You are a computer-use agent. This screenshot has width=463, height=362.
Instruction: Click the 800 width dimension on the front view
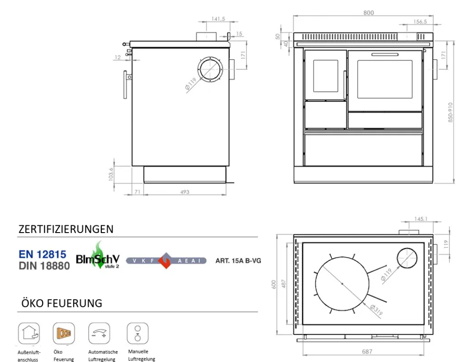click(368, 13)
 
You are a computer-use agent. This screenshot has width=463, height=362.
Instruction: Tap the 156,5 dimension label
click(420, 22)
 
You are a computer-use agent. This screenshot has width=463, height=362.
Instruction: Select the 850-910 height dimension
click(450, 112)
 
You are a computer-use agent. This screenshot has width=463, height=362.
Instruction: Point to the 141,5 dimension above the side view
click(218, 19)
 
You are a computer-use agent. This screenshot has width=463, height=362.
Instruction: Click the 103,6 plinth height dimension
click(111, 174)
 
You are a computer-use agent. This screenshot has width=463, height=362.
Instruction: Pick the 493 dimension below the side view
click(185, 192)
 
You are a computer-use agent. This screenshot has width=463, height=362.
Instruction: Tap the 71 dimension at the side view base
click(137, 192)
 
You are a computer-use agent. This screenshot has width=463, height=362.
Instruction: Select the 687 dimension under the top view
click(367, 352)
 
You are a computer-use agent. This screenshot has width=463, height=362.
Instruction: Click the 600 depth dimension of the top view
click(274, 285)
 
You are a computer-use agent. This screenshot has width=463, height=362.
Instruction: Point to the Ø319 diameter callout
click(377, 310)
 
